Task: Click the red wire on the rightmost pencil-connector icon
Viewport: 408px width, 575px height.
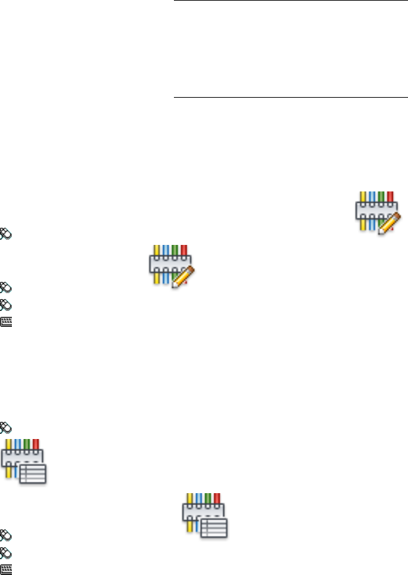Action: pyautogui.click(x=390, y=196)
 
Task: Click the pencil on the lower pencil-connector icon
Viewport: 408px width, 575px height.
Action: pyautogui.click(x=180, y=277)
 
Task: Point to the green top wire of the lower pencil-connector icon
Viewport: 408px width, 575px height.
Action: pyautogui.click(x=174, y=250)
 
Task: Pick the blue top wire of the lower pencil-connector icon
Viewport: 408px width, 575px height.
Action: pyautogui.click(x=165, y=250)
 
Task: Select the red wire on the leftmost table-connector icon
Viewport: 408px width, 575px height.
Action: pyautogui.click(x=36, y=444)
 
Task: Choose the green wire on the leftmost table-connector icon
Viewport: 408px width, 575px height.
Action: pyautogui.click(x=28, y=444)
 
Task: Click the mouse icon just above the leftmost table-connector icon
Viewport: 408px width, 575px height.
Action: pyautogui.click(x=5, y=427)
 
